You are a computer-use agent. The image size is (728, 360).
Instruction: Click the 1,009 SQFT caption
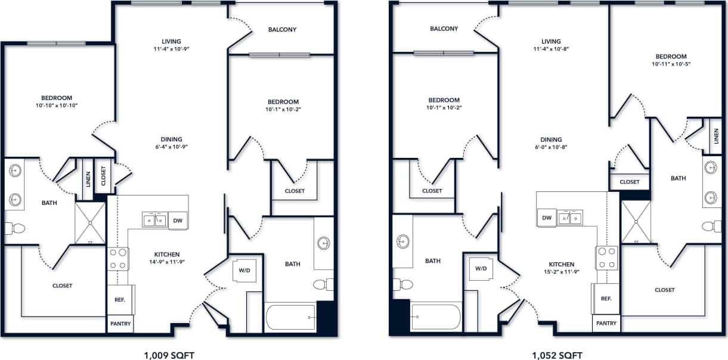tap(169, 356)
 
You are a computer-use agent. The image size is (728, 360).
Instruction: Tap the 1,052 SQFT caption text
tap(557, 356)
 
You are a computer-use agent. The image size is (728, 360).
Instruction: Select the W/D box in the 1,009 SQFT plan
tap(244, 269)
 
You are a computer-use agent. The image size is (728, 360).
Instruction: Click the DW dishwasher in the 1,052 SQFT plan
tap(546, 219)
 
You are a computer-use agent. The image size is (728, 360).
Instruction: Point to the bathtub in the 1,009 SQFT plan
tap(290, 317)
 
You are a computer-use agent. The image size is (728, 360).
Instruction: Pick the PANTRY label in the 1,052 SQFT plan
tap(606, 323)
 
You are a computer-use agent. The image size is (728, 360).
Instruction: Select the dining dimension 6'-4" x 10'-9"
tap(168, 147)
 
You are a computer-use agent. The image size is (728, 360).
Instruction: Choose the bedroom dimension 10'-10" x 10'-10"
tap(57, 105)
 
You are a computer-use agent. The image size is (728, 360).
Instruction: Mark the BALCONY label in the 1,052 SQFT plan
tap(444, 29)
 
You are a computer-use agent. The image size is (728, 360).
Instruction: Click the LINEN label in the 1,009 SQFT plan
tap(88, 179)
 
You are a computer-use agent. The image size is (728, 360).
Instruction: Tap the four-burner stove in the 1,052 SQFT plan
tap(607, 257)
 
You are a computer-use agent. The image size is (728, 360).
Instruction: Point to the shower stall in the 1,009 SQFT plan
tap(90, 223)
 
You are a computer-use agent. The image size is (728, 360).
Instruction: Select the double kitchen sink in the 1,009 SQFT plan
tap(154, 221)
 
